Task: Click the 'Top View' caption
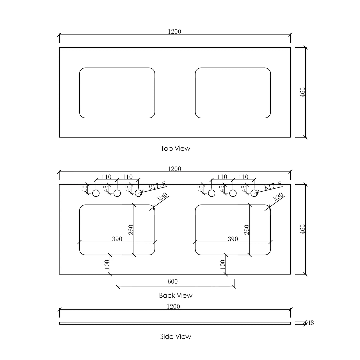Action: point(175,148)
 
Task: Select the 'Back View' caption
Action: point(176,295)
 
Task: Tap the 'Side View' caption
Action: point(176,336)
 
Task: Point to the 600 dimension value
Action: point(172,282)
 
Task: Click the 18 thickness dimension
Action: point(311,323)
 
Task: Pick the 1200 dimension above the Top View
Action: point(174,32)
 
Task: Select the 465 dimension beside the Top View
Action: point(303,92)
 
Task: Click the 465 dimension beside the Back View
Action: point(303,229)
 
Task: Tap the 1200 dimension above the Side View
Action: point(173,306)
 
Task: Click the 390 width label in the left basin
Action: point(117,239)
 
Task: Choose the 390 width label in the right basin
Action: point(233,239)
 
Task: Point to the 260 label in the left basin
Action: point(131,230)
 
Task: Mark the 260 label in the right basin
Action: point(247,230)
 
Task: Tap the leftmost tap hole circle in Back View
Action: point(96,193)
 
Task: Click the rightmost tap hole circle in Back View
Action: point(254,193)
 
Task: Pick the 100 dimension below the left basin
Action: point(107,265)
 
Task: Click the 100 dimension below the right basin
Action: point(223,265)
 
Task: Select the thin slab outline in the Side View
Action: point(175,323)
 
